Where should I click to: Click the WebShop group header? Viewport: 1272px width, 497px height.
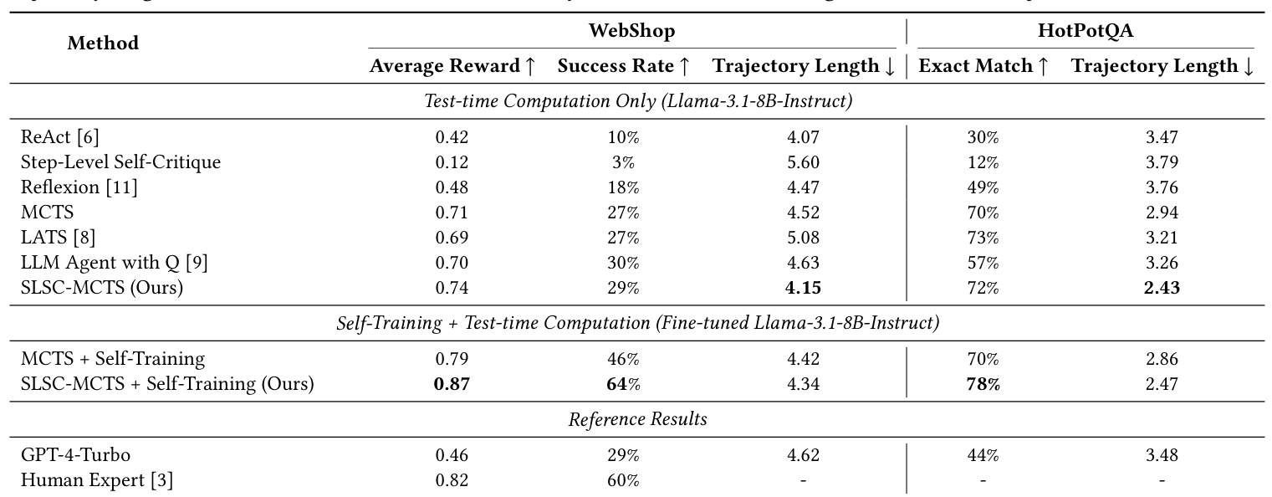(631, 32)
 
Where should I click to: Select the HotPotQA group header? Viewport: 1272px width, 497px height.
(1086, 32)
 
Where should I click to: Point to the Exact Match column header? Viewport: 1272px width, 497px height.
(983, 66)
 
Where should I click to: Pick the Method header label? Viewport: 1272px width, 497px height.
(103, 44)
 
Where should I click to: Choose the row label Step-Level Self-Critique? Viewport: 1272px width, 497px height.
(120, 162)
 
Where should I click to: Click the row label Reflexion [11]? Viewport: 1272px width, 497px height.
(79, 187)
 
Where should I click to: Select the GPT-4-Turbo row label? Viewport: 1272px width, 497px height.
(75, 456)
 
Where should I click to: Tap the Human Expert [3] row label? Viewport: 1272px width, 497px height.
(96, 480)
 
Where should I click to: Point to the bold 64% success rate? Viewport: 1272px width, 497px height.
(623, 384)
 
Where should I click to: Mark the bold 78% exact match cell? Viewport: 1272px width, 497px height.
(983, 384)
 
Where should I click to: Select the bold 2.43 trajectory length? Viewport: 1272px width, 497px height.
(1162, 288)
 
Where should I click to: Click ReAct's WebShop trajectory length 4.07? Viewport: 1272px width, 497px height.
(803, 137)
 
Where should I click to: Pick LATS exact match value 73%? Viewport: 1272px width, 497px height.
(983, 238)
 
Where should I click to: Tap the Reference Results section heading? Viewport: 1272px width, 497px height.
(637, 420)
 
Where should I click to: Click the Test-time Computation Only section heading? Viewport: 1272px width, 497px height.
(637, 102)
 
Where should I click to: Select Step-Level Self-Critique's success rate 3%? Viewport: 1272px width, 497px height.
(623, 162)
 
